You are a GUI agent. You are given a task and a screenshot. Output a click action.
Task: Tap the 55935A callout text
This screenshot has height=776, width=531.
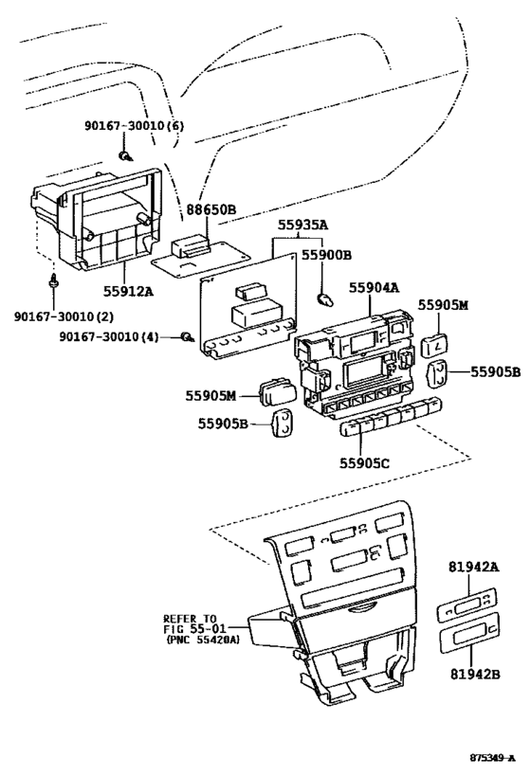point(302,226)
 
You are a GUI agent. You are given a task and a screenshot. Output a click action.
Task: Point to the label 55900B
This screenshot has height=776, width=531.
point(327,254)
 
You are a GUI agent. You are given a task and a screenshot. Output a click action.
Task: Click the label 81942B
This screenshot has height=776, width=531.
point(473,677)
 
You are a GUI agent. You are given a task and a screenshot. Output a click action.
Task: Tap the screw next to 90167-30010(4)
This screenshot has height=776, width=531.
point(187,336)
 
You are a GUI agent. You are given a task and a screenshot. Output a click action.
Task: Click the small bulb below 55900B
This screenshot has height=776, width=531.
point(325,299)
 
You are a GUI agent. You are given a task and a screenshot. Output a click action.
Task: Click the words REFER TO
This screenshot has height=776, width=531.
point(190,617)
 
